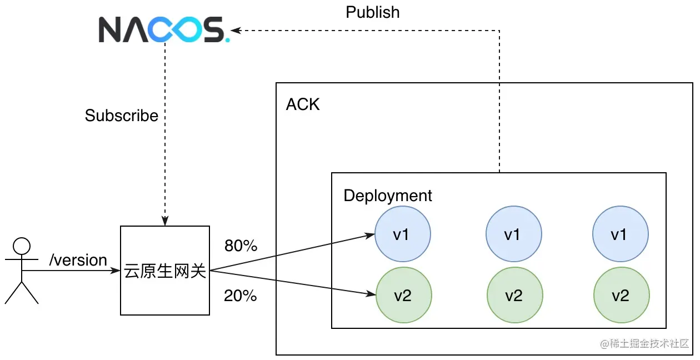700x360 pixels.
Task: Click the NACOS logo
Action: [164, 29]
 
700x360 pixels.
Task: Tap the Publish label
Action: [372, 12]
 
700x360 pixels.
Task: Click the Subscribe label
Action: [122, 116]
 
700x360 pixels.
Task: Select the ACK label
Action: [303, 104]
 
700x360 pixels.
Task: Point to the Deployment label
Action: [388, 196]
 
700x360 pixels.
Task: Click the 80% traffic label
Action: [241, 246]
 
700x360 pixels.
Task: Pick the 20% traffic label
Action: [241, 296]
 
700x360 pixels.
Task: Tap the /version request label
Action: [78, 260]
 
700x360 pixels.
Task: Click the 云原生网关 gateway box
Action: [165, 271]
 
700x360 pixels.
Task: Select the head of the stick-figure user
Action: [22, 246]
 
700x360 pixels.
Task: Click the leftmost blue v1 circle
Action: [402, 234]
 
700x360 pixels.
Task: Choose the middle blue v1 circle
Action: [514, 234]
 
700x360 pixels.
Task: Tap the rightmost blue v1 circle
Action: [621, 234]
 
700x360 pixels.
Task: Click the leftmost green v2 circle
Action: [403, 295]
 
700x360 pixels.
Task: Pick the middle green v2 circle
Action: [514, 295]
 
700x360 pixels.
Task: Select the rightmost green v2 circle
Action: [621, 295]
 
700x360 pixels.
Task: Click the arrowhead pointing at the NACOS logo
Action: [236, 31]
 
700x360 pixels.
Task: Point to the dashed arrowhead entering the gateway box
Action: [165, 221]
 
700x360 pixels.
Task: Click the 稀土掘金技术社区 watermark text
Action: [644, 344]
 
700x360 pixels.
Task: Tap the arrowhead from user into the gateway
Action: [116, 271]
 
